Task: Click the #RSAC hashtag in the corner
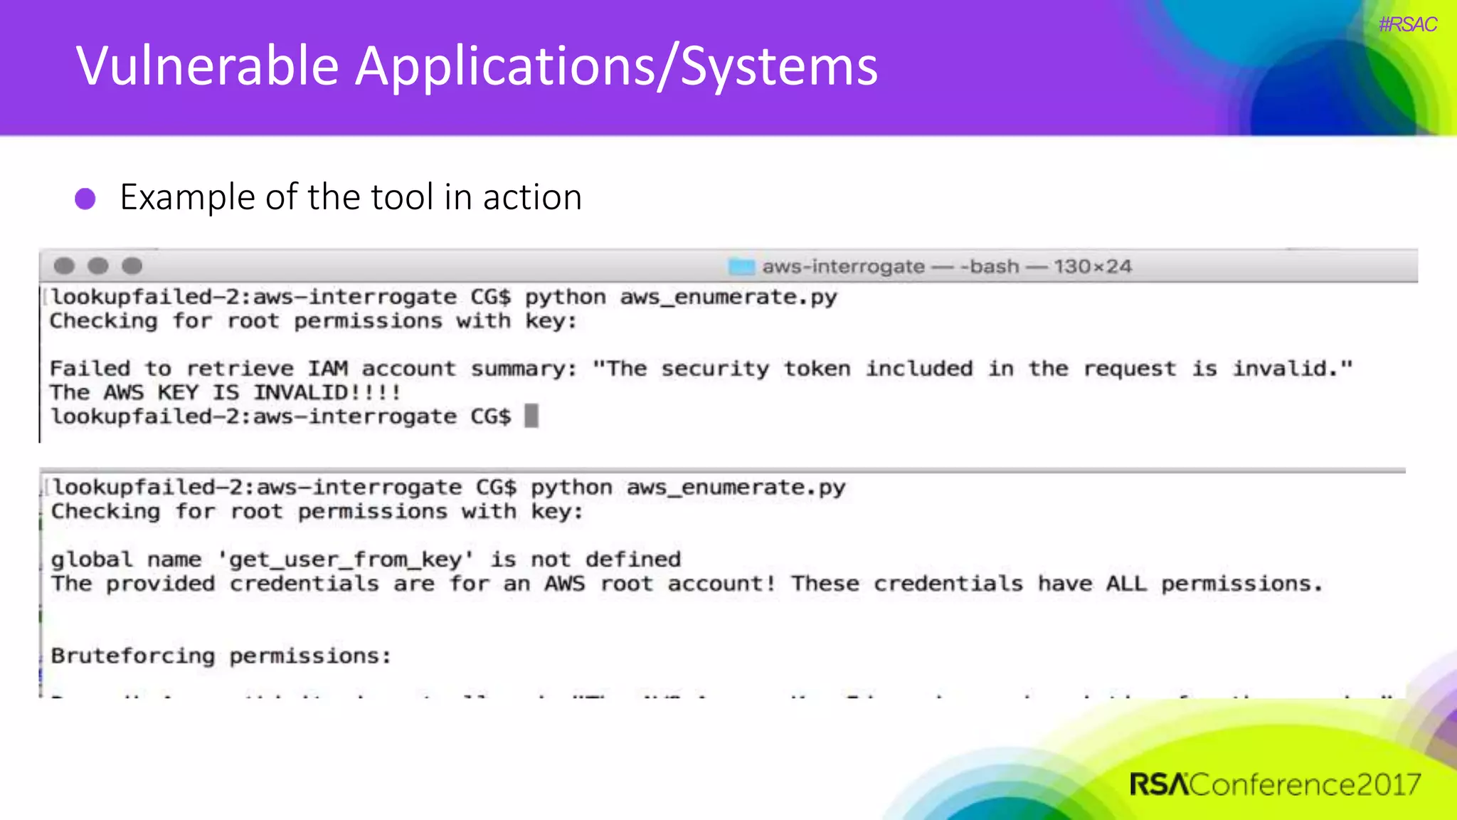point(1407,25)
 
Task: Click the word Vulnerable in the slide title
point(207,66)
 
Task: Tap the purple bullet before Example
point(85,199)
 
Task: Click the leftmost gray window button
point(64,266)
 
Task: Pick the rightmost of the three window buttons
point(132,266)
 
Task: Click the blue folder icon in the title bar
point(741,267)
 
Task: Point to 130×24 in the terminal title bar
point(1092,267)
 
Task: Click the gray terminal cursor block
point(531,416)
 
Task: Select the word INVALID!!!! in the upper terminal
point(327,392)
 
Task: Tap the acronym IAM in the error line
point(327,369)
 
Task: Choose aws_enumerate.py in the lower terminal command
point(736,488)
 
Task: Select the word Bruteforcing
point(132,656)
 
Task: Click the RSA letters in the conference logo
point(1158,784)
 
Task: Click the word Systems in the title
point(779,66)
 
